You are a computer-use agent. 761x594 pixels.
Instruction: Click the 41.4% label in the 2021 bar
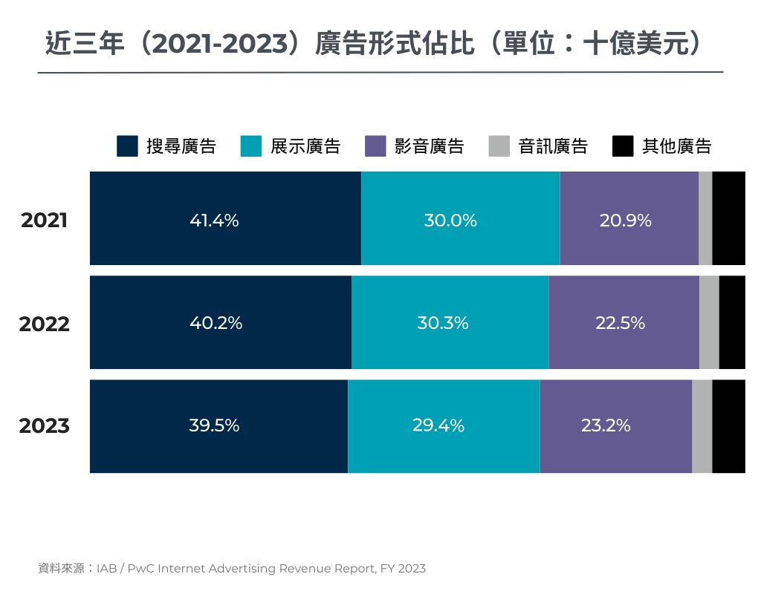point(214,221)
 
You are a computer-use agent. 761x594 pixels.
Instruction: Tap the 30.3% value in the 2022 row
point(443,323)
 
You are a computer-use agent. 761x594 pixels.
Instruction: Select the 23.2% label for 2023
point(606,425)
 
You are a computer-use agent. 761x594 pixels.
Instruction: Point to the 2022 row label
point(45,324)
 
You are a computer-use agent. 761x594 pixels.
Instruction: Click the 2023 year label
point(45,426)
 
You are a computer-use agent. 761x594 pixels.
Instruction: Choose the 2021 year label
point(45,221)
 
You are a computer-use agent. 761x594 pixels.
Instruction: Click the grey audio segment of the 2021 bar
point(705,218)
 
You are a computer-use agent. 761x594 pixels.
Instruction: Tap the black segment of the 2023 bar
point(728,426)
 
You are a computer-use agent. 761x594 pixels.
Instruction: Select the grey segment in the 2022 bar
point(709,322)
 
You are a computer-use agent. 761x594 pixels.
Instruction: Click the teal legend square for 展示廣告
point(251,146)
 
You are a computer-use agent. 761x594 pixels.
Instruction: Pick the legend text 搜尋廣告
point(181,146)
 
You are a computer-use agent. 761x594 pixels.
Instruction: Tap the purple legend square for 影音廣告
point(375,146)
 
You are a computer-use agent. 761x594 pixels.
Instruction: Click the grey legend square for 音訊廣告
point(499,146)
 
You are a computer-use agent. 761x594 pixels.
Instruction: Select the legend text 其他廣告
point(676,146)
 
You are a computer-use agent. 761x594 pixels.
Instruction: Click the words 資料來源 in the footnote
point(61,569)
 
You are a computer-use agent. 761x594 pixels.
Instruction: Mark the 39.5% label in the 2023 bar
point(214,425)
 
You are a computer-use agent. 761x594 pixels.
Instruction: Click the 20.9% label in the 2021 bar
point(625,221)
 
